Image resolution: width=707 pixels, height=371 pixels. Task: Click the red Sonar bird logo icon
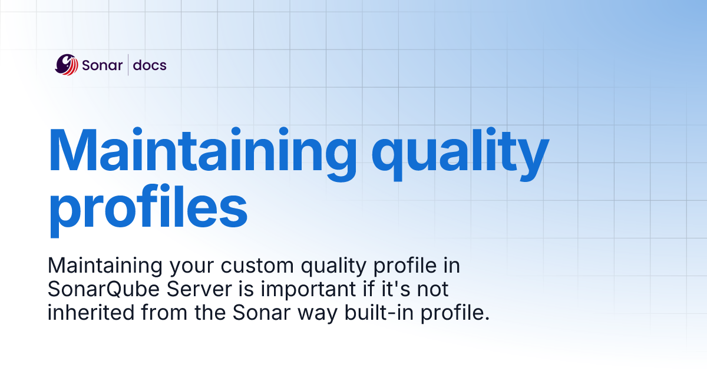point(67,65)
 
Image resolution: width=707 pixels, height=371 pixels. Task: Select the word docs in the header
point(150,65)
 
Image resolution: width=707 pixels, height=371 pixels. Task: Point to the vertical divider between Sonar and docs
point(128,65)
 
